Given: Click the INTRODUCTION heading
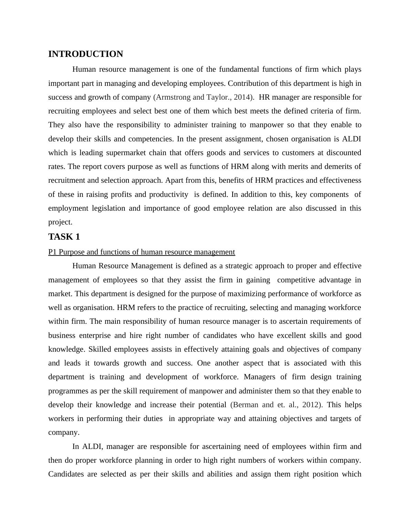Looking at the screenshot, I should (85, 54).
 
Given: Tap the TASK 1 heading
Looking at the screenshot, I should (64, 237).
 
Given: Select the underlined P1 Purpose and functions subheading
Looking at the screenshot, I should (142, 252).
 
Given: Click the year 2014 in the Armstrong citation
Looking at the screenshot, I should (242, 97).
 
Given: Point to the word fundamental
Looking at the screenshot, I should (236, 69).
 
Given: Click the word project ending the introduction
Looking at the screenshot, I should (60, 222).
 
